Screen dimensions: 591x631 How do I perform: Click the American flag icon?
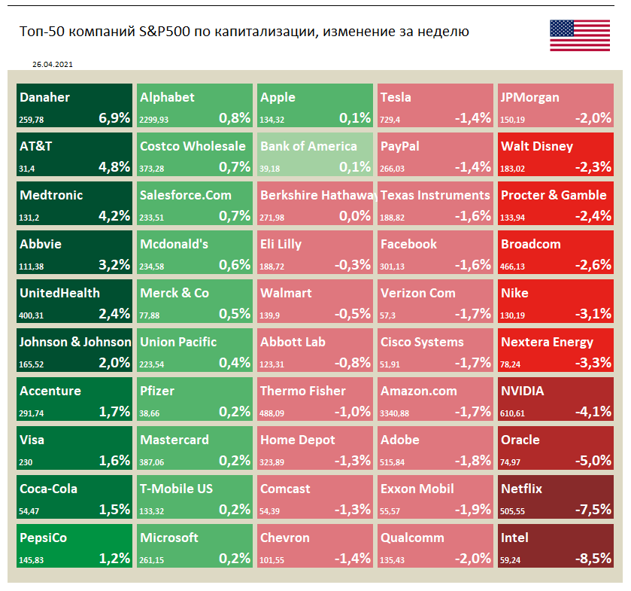(x=580, y=35)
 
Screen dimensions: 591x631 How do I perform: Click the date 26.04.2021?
(x=52, y=65)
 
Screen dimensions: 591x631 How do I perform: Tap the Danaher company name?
(x=44, y=97)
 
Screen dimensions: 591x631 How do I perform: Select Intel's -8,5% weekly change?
(x=593, y=558)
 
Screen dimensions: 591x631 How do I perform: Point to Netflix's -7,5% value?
(x=593, y=509)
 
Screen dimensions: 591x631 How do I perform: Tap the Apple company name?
(x=278, y=97)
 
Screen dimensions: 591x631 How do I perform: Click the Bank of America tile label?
(x=308, y=146)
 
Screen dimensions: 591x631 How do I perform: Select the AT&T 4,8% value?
(x=114, y=166)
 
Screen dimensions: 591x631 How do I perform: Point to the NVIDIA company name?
(x=522, y=391)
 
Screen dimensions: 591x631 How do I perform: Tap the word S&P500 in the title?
(x=168, y=32)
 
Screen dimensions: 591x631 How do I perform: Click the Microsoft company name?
(x=169, y=538)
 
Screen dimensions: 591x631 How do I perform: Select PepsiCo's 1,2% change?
(x=114, y=558)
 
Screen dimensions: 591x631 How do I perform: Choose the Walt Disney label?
(x=537, y=146)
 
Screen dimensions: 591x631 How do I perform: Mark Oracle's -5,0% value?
(x=593, y=460)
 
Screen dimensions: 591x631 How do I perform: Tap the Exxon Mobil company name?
(x=417, y=489)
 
